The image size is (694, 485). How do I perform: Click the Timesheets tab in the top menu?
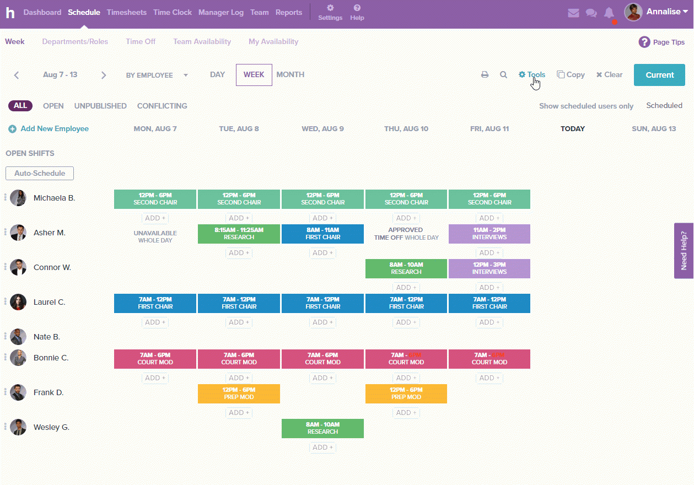(x=127, y=12)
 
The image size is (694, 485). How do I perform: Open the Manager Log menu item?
(x=220, y=12)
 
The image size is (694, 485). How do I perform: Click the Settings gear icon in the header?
(x=330, y=8)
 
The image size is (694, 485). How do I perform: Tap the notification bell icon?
(x=609, y=13)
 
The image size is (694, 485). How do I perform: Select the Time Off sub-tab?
(x=141, y=41)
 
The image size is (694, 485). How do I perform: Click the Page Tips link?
(x=661, y=42)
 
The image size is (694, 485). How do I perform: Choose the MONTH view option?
(x=290, y=74)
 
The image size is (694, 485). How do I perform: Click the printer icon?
(x=485, y=75)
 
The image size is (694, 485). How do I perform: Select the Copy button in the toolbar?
(x=571, y=75)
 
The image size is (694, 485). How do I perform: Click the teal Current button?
(x=659, y=75)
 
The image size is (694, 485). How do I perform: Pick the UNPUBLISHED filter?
(x=100, y=106)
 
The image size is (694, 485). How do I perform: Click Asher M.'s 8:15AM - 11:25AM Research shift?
(x=239, y=234)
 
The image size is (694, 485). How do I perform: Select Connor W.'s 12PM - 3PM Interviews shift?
(x=489, y=268)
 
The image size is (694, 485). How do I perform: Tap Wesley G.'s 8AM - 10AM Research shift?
(x=322, y=428)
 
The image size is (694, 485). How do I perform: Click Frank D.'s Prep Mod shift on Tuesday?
(x=239, y=394)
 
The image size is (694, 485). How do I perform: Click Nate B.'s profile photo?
(x=18, y=337)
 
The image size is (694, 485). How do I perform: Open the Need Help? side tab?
(x=684, y=250)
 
